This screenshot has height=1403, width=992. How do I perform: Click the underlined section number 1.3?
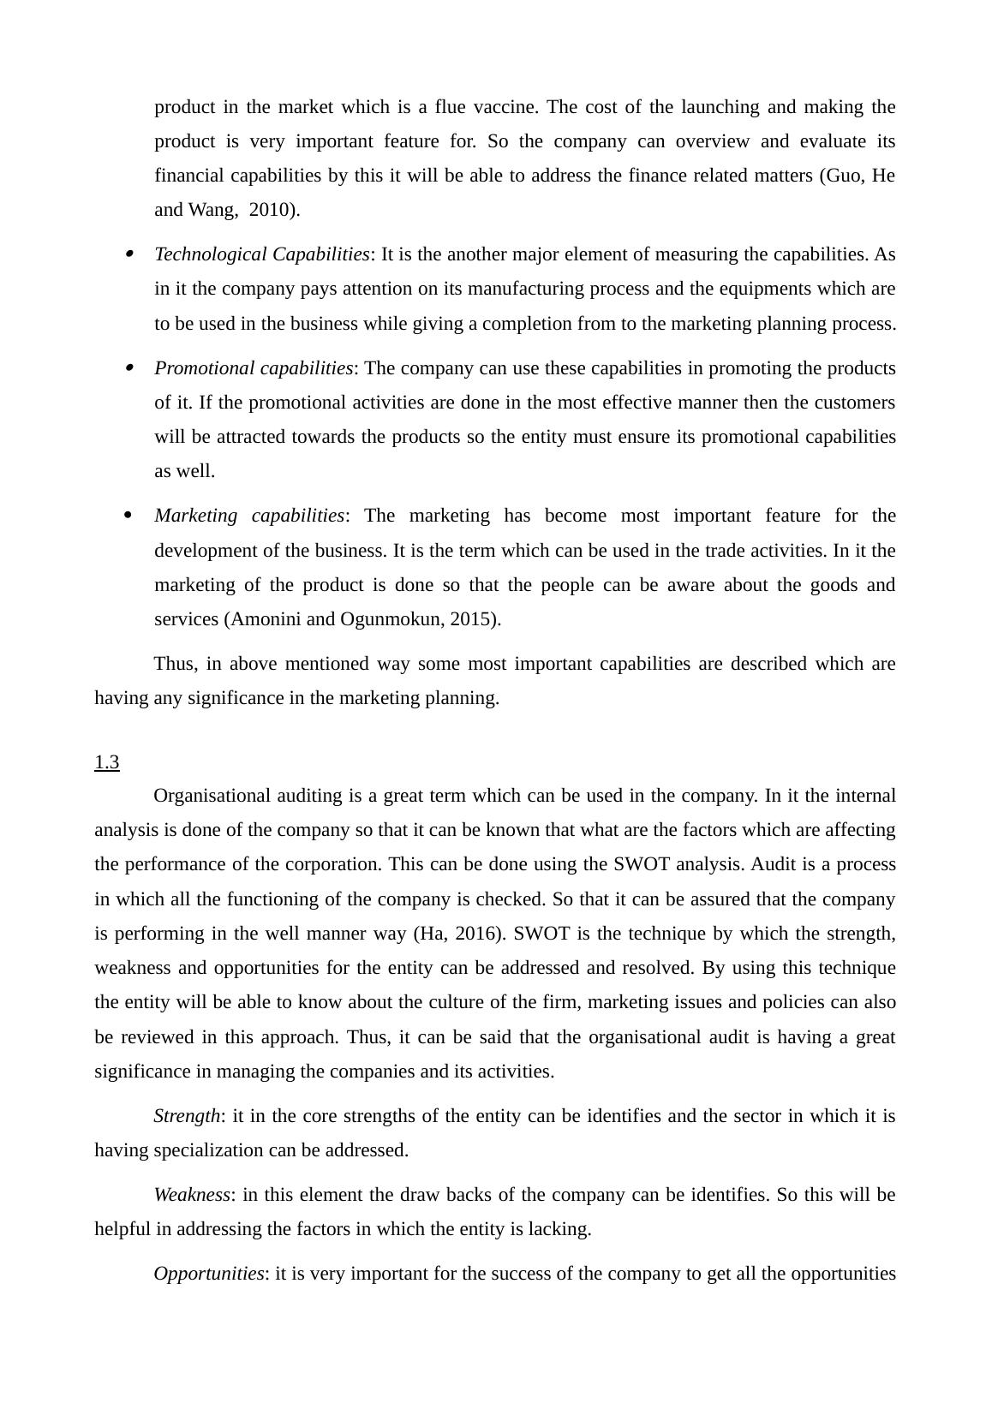tap(107, 762)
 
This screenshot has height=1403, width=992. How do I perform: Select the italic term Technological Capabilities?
tap(262, 254)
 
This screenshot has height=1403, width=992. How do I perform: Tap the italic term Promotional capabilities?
tap(254, 368)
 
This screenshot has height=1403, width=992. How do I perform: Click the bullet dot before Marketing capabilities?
tap(128, 516)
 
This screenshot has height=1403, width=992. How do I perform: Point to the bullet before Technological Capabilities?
tap(129, 254)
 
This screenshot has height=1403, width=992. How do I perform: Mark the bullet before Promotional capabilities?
tap(129, 367)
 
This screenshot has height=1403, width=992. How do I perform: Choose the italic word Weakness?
tap(193, 1195)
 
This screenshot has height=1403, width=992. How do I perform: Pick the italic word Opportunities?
tap(209, 1274)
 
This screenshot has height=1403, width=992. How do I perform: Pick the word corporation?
tap(334, 864)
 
